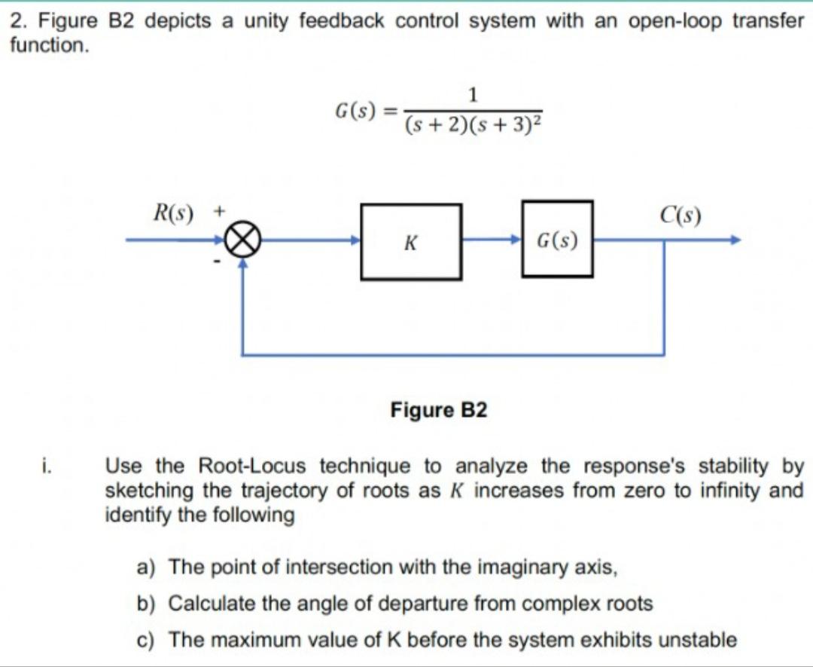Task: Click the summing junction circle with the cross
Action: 242,241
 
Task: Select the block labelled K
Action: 411,242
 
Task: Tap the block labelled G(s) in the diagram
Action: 557,239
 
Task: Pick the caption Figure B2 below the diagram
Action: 439,410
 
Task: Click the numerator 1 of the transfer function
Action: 473,94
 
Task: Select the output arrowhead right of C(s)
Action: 734,241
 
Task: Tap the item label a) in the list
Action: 146,566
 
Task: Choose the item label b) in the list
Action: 146,604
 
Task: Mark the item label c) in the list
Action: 146,641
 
